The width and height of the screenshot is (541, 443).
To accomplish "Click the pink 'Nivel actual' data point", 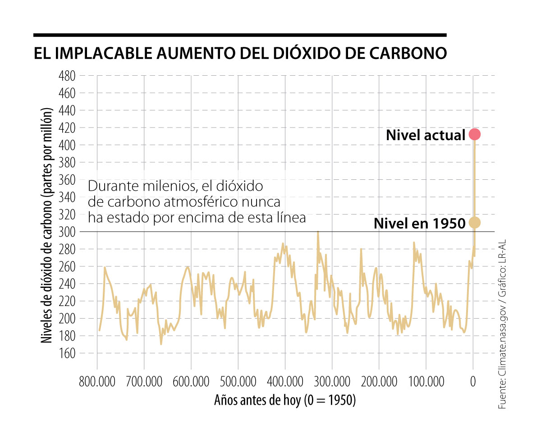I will coord(474,134).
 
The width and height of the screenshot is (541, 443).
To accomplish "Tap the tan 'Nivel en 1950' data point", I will coord(474,222).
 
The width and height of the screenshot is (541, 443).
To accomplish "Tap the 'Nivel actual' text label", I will coord(426,135).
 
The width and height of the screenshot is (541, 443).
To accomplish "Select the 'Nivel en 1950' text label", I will coord(419,223).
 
